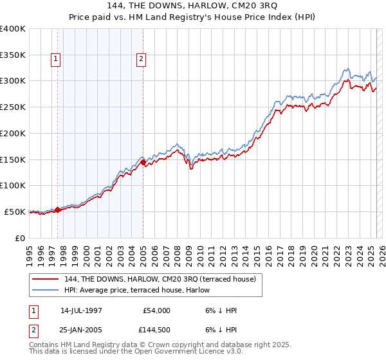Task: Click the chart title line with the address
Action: [x=193, y=6]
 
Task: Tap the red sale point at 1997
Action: [x=58, y=209]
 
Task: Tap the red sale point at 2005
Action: [x=143, y=162]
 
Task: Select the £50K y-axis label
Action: [x=15, y=212]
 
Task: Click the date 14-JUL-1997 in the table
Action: [x=81, y=310]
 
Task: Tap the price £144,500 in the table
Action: [x=154, y=330]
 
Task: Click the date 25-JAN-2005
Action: [x=81, y=330]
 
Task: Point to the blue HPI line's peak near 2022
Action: [x=346, y=68]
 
